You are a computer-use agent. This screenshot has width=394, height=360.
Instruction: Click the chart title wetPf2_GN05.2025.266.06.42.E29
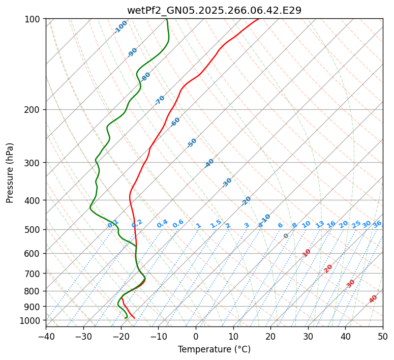click(x=214, y=10)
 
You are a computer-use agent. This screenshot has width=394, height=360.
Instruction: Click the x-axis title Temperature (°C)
click(x=214, y=349)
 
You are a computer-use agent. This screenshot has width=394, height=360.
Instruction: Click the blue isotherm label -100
click(x=120, y=27)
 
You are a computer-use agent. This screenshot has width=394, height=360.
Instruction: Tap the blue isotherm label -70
click(x=160, y=100)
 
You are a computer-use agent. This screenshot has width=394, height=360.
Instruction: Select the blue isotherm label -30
click(x=227, y=183)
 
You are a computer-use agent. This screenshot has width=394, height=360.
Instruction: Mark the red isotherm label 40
click(x=373, y=299)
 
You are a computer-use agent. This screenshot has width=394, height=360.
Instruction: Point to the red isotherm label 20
click(x=328, y=268)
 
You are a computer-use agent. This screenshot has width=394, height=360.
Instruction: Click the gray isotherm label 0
click(x=286, y=236)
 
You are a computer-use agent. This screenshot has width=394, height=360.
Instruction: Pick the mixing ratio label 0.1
click(x=113, y=224)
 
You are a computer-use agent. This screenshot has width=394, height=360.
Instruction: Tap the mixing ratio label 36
click(x=377, y=224)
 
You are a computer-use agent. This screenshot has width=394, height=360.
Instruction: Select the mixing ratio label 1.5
click(x=216, y=224)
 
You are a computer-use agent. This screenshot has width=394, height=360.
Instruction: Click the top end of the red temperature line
click(x=258, y=19)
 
